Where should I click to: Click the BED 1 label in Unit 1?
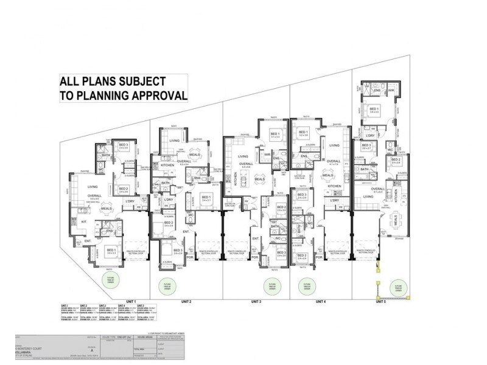click(112, 250)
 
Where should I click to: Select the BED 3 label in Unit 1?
click(124, 145)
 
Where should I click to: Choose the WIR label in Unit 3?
click(267, 155)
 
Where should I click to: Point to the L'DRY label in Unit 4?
click(334, 201)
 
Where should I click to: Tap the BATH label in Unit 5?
click(364, 169)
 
